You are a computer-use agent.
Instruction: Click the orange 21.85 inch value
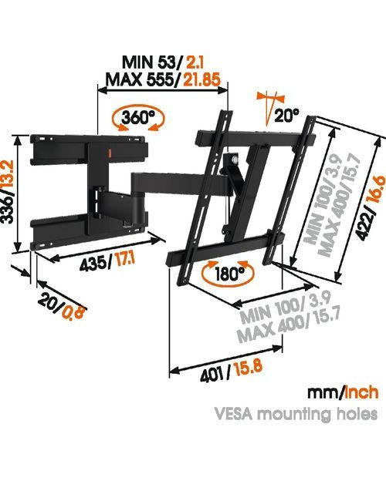point(201,79)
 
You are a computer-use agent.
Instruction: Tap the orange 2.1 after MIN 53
point(195,62)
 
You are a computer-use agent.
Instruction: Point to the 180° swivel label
point(229,274)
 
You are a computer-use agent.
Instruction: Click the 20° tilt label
point(286,115)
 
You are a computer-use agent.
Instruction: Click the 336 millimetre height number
point(8,210)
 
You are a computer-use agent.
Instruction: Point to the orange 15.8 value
point(249,368)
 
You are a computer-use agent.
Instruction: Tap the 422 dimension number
point(366,228)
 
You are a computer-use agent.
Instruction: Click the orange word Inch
point(361,392)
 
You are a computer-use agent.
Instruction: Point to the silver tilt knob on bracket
point(235,159)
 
